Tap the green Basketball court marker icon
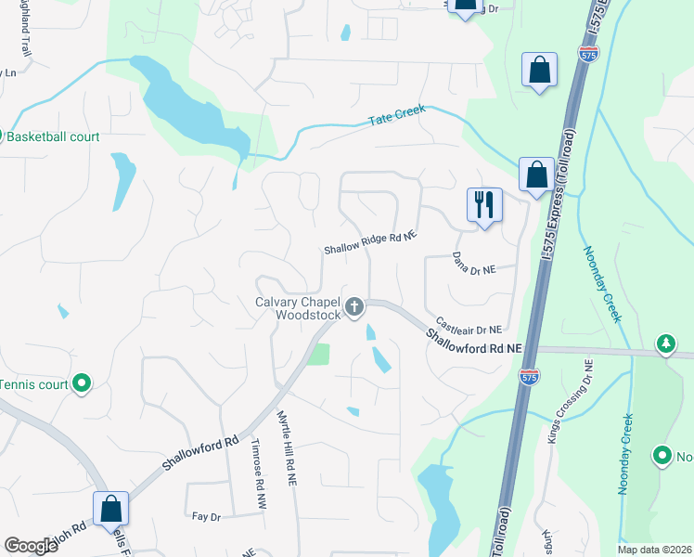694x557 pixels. (x=3, y=136)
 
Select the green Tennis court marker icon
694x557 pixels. (x=82, y=382)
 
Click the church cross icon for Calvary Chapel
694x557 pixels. (x=353, y=306)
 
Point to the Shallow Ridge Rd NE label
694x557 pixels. (x=369, y=243)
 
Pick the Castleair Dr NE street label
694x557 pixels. (x=469, y=327)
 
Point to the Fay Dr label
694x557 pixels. (x=204, y=515)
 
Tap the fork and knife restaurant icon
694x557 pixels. (x=483, y=204)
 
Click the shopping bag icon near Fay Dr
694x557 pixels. (x=110, y=508)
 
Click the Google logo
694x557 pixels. (x=32, y=545)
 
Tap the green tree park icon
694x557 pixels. (x=664, y=344)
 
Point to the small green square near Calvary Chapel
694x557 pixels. (x=319, y=354)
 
